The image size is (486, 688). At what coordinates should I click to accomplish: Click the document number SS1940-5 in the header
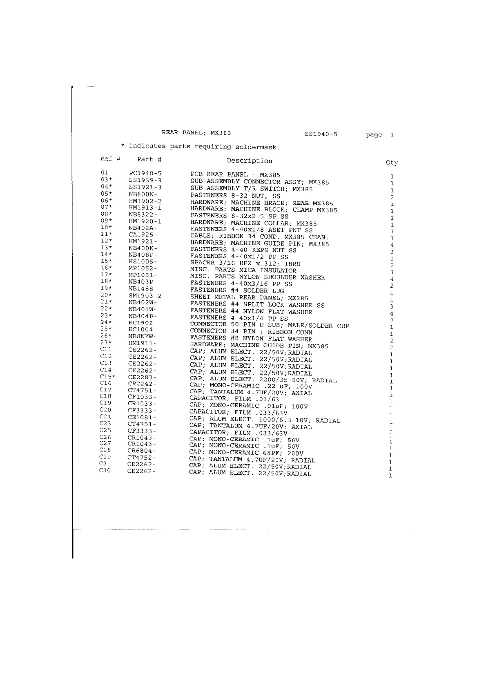click(321, 134)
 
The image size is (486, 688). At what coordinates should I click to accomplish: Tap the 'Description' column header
click(249, 161)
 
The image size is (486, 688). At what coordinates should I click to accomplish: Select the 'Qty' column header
click(392, 163)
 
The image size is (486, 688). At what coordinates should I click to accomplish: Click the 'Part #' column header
click(149, 159)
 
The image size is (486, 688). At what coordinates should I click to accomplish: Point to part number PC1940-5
click(145, 174)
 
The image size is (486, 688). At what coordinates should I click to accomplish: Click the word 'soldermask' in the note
click(257, 146)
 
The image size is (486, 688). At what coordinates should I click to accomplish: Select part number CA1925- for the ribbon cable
click(143, 235)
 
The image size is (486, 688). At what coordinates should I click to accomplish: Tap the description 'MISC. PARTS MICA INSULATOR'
click(243, 270)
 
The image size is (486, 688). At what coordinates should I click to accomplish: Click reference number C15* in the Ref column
click(107, 376)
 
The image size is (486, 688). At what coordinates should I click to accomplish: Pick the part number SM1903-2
click(145, 295)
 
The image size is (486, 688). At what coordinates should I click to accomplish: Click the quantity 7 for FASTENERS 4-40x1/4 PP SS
click(391, 320)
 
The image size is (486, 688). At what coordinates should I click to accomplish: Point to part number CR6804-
click(142, 451)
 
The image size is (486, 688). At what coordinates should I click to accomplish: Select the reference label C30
click(105, 470)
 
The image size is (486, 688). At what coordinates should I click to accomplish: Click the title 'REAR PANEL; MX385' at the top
click(196, 133)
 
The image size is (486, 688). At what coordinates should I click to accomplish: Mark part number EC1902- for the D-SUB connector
click(143, 323)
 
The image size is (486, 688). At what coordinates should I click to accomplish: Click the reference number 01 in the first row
click(105, 172)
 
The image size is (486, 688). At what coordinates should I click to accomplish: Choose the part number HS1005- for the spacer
click(143, 261)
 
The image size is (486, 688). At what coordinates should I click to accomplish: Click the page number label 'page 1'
click(379, 134)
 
